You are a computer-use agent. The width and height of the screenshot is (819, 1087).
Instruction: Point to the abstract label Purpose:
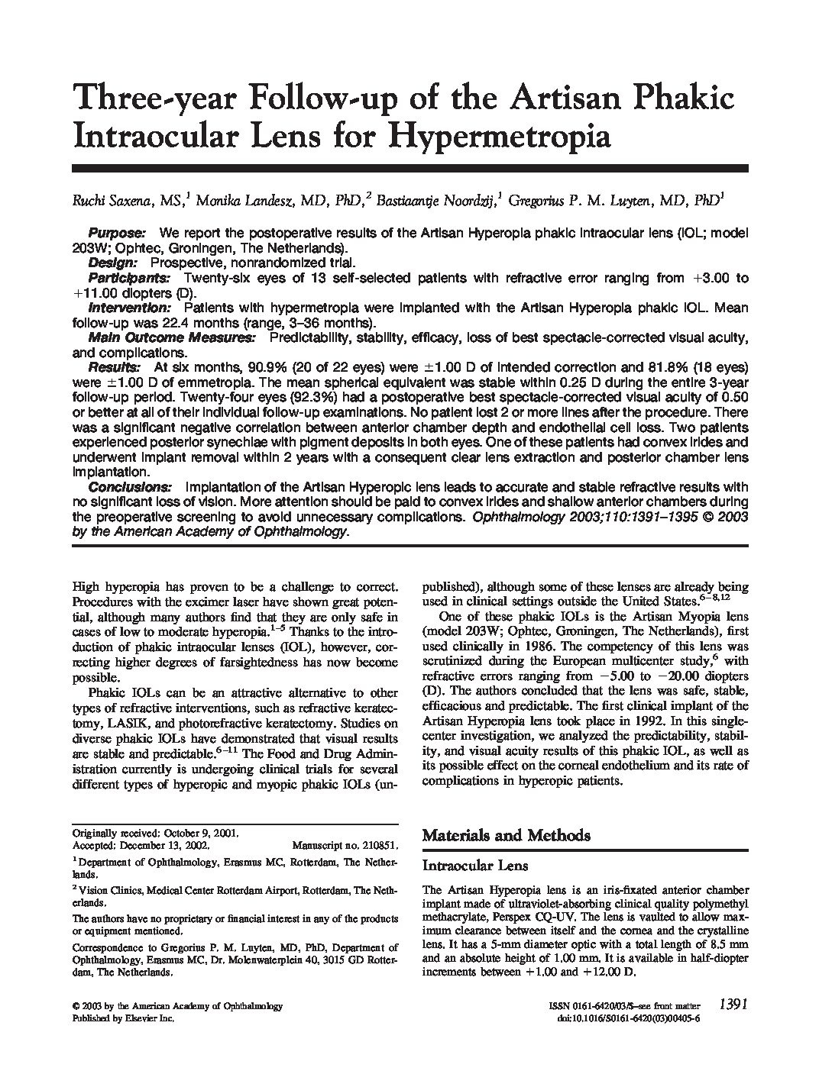tap(117, 233)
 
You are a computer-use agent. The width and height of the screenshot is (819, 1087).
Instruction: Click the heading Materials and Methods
tap(506, 835)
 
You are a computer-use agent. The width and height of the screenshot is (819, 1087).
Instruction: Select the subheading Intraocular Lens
tap(475, 866)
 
